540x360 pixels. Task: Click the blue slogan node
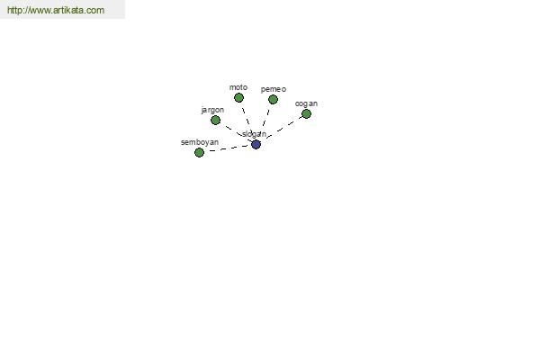coord(256,144)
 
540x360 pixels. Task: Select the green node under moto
coord(238,98)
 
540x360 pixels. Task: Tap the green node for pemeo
coord(273,100)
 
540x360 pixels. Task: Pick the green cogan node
coord(306,113)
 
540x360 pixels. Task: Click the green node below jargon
coord(215,121)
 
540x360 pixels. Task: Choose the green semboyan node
coord(199,152)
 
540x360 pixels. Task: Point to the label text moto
coord(238,87)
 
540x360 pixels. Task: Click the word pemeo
coord(274,89)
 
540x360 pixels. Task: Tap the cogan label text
coord(306,103)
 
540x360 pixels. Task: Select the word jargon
coord(212,110)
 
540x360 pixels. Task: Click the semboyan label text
coord(200,142)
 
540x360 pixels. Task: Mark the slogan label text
coord(254,134)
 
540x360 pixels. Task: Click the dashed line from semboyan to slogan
coord(228,148)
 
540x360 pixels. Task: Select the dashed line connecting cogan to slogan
coord(283,128)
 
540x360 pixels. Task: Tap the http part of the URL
coord(14,10)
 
